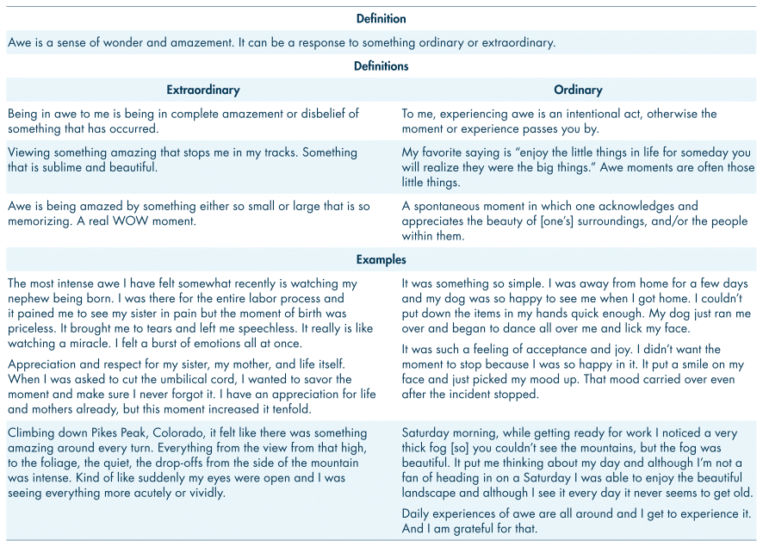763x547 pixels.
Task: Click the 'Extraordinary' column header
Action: coord(202,90)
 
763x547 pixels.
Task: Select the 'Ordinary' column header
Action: coord(578,90)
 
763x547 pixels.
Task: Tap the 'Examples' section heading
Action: coord(381,259)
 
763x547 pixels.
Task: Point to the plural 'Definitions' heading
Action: coord(381,65)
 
